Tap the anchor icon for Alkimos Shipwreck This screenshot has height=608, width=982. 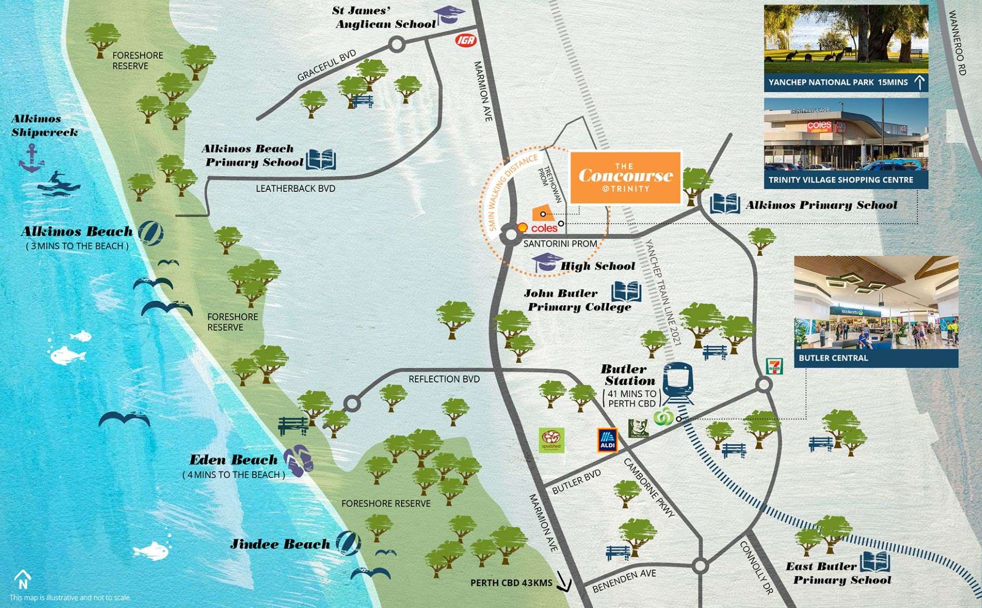coord(32,159)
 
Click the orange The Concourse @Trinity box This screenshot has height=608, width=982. coord(625,178)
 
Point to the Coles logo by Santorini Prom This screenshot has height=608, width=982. coord(544,228)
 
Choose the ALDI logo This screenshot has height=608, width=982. coord(607,440)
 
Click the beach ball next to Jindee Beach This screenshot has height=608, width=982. coord(348,543)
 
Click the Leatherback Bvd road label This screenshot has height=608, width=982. coord(295,188)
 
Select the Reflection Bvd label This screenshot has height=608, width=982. coord(444,379)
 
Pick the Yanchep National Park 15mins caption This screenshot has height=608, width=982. coord(838,83)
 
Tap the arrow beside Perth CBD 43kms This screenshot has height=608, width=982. coord(563,582)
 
